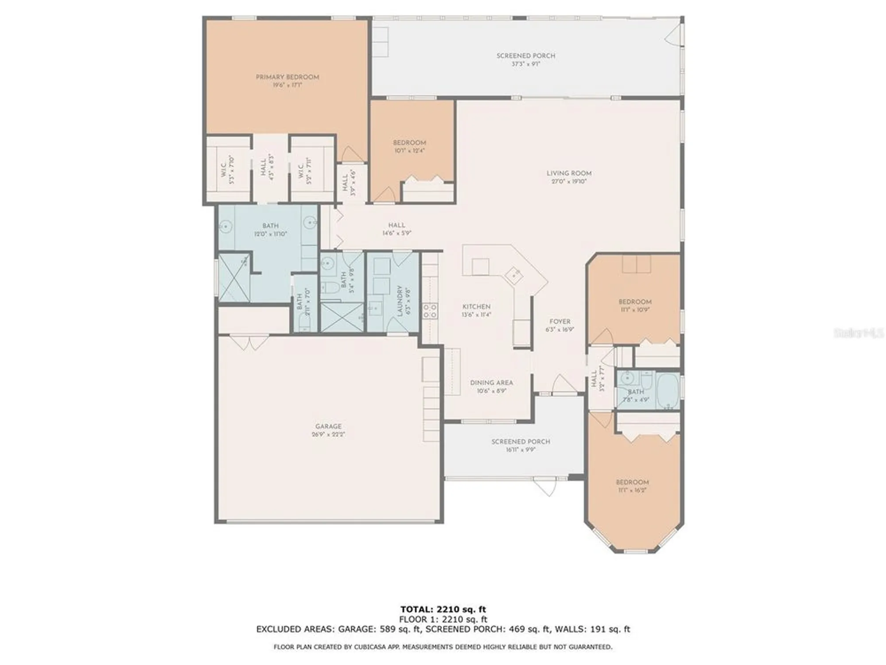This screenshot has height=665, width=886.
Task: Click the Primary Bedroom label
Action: coord(287,77)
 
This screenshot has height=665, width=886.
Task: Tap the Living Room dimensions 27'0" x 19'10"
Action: coord(569,181)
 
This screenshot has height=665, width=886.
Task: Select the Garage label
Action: coord(328,426)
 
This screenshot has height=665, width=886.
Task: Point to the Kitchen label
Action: coord(476,307)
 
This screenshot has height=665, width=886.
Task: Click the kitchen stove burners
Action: coord(430,311)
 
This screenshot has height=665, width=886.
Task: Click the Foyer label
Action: coord(560,322)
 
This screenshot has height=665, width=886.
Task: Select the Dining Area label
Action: coord(491,383)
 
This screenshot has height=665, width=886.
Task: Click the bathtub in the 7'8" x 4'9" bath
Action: coord(668,390)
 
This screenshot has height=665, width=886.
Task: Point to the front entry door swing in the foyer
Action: coord(563,384)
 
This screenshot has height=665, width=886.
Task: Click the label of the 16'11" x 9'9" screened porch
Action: coord(521,442)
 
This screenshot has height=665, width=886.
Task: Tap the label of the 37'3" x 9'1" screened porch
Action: coord(525,56)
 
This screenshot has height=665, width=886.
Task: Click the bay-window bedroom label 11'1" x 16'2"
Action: coord(632,482)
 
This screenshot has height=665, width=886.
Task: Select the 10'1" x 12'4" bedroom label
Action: coord(409,143)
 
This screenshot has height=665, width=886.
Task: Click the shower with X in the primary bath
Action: coord(233,278)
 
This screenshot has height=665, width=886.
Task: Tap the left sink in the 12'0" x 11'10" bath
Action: coord(225,227)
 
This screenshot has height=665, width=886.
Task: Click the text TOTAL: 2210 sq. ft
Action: coord(443,609)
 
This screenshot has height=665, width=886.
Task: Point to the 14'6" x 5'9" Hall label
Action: coord(396,225)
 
